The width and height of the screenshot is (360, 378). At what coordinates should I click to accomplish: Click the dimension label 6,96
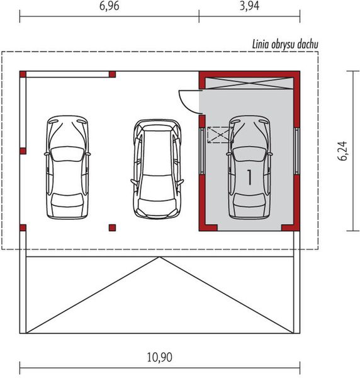coord(109,7)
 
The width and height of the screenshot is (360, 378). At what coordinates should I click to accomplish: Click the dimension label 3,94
coord(249,7)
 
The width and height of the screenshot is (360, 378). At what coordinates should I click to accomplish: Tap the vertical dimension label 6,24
coord(343,151)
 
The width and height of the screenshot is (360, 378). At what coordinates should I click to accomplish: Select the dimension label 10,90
coord(159,357)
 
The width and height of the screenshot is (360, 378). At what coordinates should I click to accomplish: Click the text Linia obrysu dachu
coord(286,44)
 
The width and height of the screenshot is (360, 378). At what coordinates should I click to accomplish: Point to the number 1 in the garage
coord(250,177)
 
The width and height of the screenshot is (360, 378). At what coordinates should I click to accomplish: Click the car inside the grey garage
coord(250,166)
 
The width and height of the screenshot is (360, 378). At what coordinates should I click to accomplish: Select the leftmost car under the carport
coord(67,166)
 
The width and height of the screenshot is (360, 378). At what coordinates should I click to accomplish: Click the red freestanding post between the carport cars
coord(112,227)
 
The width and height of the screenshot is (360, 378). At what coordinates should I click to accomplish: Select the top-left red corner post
coord(23,74)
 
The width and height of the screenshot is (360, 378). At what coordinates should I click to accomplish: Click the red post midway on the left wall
coord(23,151)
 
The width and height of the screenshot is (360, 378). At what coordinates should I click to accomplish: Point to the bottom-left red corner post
coord(23,227)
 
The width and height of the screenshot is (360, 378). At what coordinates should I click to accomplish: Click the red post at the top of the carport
coord(112,74)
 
